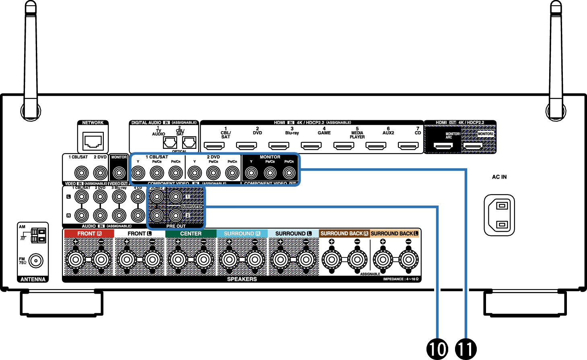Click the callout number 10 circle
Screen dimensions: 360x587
click(x=437, y=348)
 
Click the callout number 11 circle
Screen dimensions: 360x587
click(x=465, y=348)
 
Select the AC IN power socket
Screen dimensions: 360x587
click(x=499, y=215)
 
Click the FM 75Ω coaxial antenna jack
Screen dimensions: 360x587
click(x=36, y=261)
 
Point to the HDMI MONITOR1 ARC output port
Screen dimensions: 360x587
click(x=443, y=146)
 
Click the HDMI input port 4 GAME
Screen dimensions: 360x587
click(x=311, y=146)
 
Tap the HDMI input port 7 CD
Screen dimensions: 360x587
click(x=408, y=146)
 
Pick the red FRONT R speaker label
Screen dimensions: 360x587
click(x=89, y=233)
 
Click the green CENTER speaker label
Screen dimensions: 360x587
click(x=191, y=233)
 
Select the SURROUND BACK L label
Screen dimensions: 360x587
click(x=395, y=233)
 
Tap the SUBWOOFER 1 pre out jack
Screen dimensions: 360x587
click(x=175, y=197)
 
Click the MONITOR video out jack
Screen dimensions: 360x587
click(x=119, y=173)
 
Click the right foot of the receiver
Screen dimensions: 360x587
click(x=525, y=302)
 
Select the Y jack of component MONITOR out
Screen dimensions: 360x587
click(x=251, y=173)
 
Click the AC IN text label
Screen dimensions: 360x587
click(x=499, y=177)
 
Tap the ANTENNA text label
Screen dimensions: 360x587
click(x=33, y=279)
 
